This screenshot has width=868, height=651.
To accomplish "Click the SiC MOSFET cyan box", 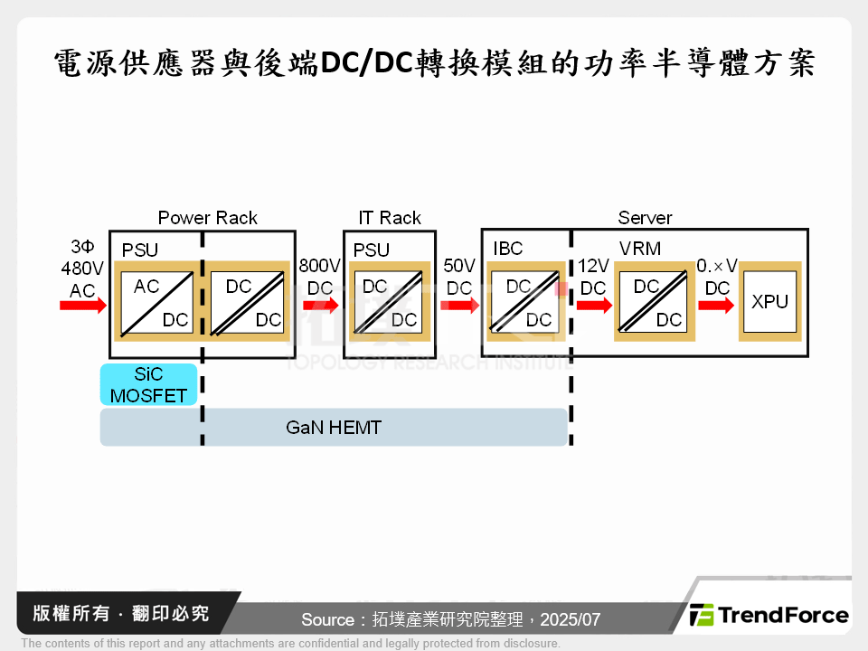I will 148,384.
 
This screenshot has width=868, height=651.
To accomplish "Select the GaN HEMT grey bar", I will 333,428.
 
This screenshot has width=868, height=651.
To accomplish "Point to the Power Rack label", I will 207,218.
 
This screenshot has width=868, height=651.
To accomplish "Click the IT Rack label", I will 390,218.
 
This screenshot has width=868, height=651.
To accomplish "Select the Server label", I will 645,218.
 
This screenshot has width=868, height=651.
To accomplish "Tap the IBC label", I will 508,249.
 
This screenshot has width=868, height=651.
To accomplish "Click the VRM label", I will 640,249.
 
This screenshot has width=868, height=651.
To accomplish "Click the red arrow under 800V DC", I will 320,306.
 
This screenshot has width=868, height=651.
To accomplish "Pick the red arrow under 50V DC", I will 459,306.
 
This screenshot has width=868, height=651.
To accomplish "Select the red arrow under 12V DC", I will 593,306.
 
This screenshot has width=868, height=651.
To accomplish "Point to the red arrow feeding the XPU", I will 716,306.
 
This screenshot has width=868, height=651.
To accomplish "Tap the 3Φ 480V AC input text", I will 81,268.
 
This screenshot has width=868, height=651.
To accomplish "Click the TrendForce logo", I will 769,616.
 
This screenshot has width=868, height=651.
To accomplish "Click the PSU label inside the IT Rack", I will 371,250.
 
